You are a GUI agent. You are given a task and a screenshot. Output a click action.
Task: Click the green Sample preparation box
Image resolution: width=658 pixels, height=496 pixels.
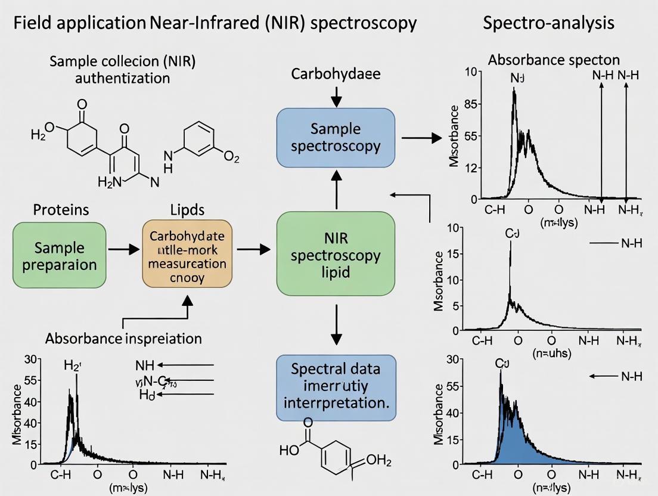[59, 255]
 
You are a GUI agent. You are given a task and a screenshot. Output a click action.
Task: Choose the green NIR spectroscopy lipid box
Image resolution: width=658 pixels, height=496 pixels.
[336, 255]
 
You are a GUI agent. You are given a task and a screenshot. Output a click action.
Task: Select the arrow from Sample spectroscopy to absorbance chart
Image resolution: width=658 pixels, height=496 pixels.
[421, 138]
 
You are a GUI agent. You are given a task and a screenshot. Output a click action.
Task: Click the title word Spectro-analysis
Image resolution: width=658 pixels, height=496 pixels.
[549, 24]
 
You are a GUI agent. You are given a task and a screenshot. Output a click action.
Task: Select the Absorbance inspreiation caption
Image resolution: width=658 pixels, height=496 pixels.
[123, 339]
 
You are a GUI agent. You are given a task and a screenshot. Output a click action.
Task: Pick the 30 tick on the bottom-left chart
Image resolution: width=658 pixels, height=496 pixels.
[31, 359]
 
